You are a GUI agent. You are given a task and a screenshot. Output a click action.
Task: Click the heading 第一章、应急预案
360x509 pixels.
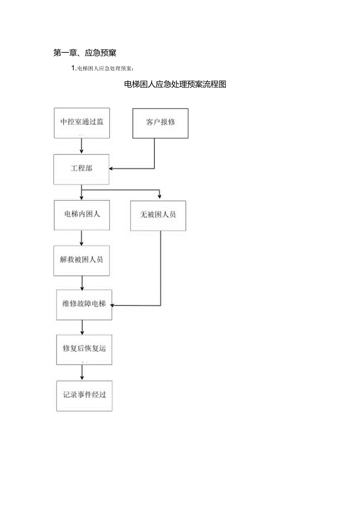[x=85, y=53]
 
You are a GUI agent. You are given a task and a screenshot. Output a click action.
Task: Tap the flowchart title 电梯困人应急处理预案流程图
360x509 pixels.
[x=175, y=85]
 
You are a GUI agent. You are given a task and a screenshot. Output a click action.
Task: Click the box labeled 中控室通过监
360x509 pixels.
[x=82, y=123]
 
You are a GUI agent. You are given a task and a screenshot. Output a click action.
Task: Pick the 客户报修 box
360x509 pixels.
[x=160, y=123]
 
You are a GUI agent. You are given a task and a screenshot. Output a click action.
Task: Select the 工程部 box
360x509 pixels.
[x=81, y=169]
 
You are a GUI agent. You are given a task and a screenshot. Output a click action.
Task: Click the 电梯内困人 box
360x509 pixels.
[x=82, y=215]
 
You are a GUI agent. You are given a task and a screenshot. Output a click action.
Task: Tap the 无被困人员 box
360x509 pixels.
[x=158, y=216]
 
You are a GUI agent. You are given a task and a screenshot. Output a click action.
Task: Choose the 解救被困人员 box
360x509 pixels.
[x=81, y=261]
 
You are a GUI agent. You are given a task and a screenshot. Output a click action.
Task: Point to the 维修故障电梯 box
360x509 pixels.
[x=84, y=304]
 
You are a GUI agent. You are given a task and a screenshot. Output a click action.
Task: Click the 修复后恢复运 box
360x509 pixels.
[x=84, y=349]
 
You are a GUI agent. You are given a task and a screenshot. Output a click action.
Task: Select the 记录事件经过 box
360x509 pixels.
[x=84, y=396]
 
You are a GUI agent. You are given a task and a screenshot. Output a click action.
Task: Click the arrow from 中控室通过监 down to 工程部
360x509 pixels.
[x=81, y=146]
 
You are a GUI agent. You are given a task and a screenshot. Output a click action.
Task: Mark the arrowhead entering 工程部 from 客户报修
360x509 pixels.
[x=112, y=169]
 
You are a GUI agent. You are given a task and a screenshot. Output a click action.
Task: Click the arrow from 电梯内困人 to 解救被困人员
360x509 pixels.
[x=81, y=238]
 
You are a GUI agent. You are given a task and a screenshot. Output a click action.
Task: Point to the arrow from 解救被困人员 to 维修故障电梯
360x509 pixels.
[x=82, y=282]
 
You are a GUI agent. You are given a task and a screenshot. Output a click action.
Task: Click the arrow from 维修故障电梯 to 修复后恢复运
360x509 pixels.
[x=82, y=327]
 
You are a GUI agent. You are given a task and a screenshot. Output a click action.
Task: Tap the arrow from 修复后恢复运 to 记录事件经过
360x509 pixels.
[x=82, y=372]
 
